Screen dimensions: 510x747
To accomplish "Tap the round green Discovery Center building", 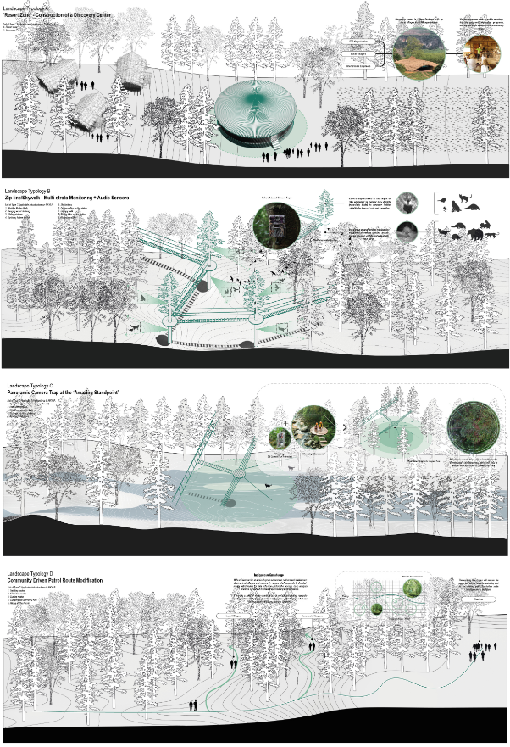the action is tap(255, 114).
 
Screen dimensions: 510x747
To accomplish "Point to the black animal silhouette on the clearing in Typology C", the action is tap(266, 486).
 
